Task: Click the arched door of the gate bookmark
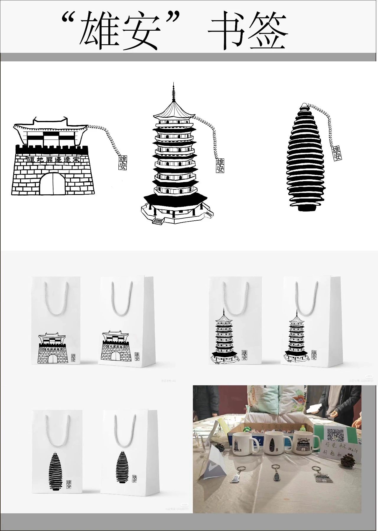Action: tap(53, 184)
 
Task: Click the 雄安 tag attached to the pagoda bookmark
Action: tap(220, 165)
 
